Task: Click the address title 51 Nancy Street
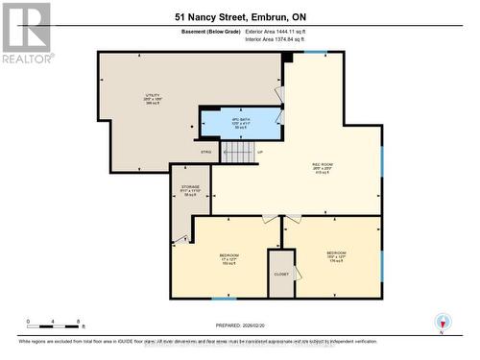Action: coord(239,15)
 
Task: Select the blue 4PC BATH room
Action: coord(240,123)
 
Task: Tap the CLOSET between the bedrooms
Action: coord(281,274)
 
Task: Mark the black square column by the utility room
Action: coord(286,58)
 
